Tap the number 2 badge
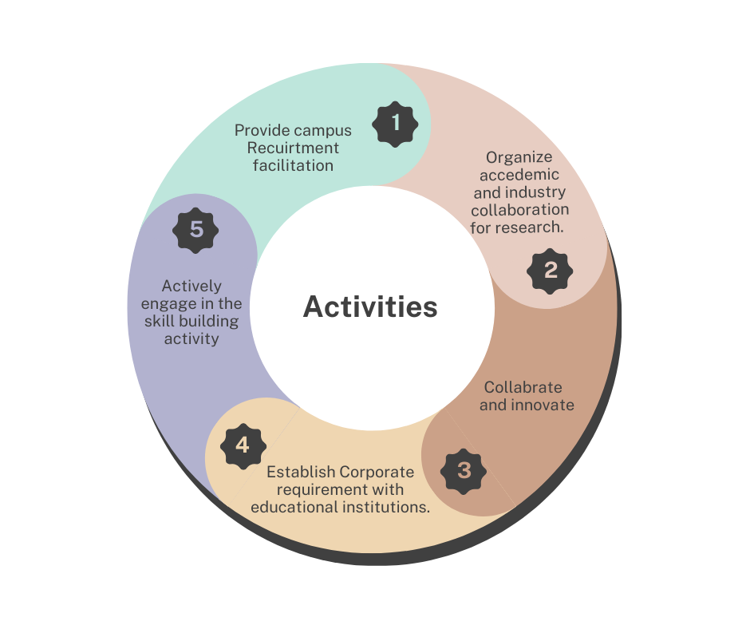[551, 271]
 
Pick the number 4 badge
[243, 445]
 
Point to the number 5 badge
[196, 231]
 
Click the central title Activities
[370, 307]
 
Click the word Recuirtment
[293, 148]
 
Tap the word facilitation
[293, 165]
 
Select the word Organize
[519, 157]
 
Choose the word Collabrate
[523, 387]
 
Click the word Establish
[299, 472]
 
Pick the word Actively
[191, 286]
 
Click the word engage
[169, 303]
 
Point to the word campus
[322, 130]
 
